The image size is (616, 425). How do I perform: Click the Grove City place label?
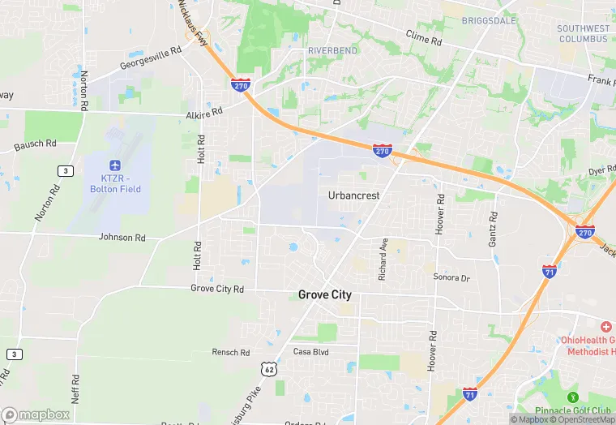click(325, 294)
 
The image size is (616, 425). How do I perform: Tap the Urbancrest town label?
click(354, 195)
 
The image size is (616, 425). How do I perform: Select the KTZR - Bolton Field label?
click(115, 183)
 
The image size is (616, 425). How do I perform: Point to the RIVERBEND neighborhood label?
click(332, 50)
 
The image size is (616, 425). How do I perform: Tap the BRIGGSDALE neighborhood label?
click(489, 20)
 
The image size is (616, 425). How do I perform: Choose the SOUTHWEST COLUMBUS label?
click(582, 33)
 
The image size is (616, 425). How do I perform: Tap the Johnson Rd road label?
click(122, 238)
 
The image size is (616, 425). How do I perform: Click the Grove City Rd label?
click(217, 288)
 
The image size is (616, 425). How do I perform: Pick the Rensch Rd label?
click(231, 352)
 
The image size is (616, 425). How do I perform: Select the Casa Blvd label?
click(311, 352)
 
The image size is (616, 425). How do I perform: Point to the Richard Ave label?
click(383, 259)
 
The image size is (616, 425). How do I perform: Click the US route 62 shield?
click(268, 369)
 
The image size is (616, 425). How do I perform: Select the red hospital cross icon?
click(606, 326)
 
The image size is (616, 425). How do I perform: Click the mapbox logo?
click(36, 414)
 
